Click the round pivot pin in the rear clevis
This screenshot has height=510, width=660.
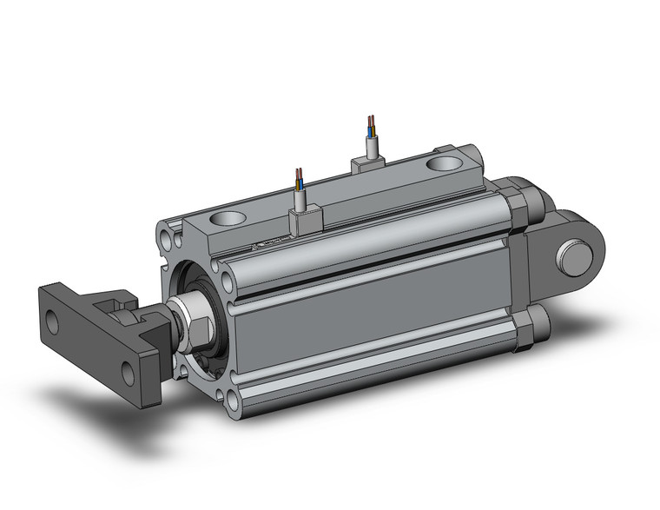point(574,257)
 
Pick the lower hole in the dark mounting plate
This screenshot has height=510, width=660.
point(129,374)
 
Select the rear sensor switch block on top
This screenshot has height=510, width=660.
point(366,165)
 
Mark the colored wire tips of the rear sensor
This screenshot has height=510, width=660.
point(372,121)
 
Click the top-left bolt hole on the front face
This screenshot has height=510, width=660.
point(167,234)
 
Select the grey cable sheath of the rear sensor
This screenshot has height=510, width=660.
point(373,146)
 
